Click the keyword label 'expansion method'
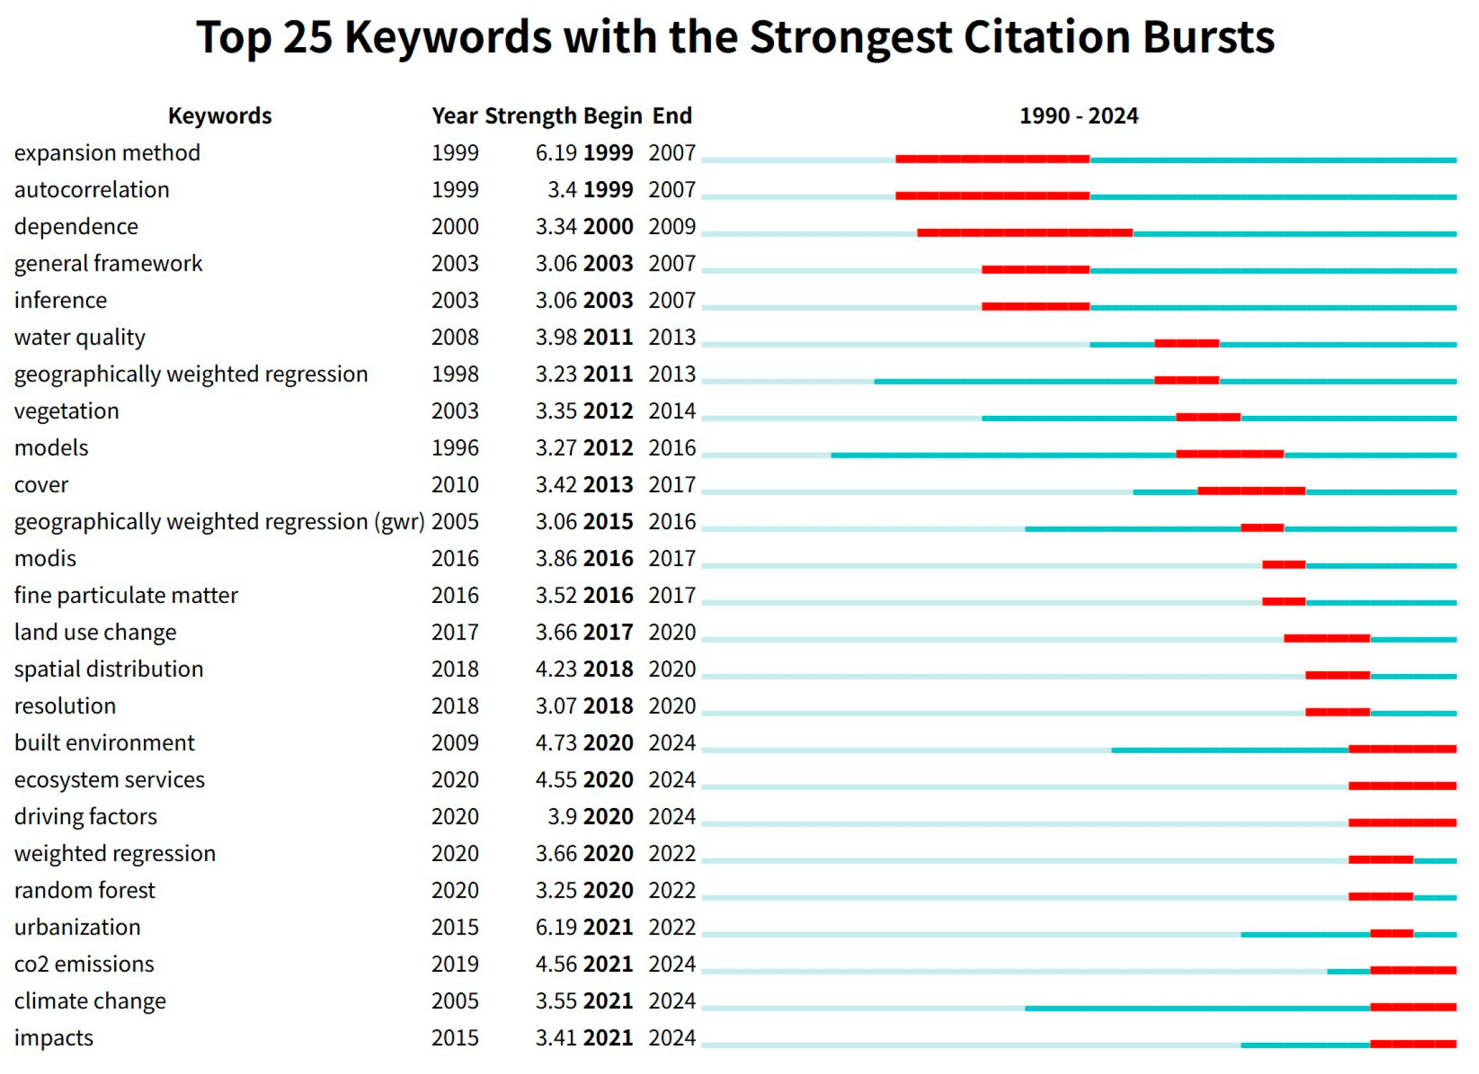pos(107,153)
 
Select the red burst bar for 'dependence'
pos(1025,233)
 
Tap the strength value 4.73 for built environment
pos(556,743)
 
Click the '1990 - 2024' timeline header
pos(1078,116)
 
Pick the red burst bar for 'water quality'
pos(1187,344)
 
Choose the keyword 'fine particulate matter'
pos(126,596)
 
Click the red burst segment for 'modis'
pos(1283,565)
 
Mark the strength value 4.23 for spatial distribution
pos(556,669)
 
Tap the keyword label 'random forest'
pos(84,890)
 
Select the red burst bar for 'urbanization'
pos(1391,933)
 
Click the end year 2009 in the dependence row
pos(672,227)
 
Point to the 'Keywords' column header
pos(220,116)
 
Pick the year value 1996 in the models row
pos(455,448)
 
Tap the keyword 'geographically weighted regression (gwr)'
pos(219,522)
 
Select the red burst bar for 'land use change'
pos(1327,638)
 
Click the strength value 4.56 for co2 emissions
pos(556,965)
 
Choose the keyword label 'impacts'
pos(54,1038)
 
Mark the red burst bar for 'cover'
pos(1252,491)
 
